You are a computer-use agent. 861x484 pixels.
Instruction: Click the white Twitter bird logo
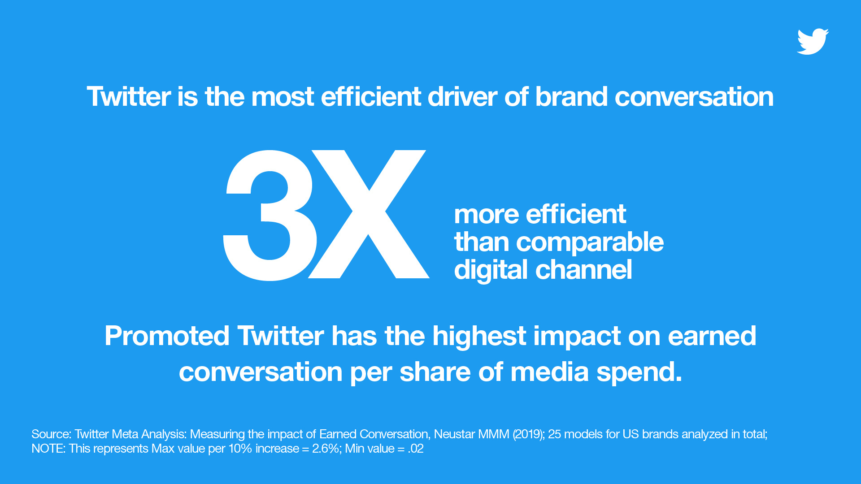tap(813, 42)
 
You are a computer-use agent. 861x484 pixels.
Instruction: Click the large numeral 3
tap(270, 215)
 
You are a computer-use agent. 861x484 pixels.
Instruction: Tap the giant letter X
tap(369, 214)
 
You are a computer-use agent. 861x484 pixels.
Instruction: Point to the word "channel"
tap(584, 270)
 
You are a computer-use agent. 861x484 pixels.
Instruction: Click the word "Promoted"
tap(167, 336)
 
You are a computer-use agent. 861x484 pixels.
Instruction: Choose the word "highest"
tap(479, 337)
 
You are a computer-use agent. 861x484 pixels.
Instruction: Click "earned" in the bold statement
tap(712, 336)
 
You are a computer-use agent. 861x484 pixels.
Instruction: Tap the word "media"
tap(549, 372)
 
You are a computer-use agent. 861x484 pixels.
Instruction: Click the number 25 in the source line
tap(554, 434)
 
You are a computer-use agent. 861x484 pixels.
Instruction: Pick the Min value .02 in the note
tap(416, 449)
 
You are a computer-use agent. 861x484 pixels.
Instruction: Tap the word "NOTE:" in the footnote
tap(48, 449)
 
